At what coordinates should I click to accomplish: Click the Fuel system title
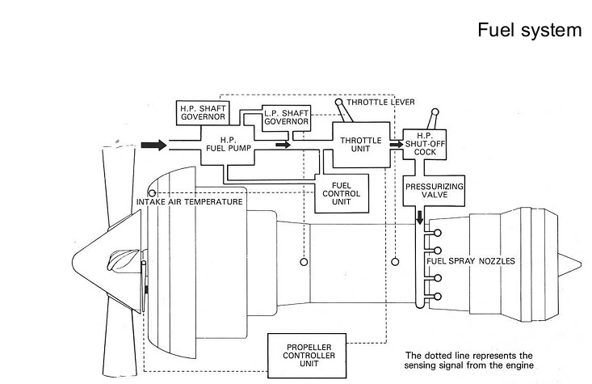point(528,30)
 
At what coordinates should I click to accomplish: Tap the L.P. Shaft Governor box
point(286,118)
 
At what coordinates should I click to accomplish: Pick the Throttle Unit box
point(360,145)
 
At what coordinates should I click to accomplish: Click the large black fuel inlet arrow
point(154,146)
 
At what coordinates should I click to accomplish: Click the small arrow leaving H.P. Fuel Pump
point(282,146)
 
